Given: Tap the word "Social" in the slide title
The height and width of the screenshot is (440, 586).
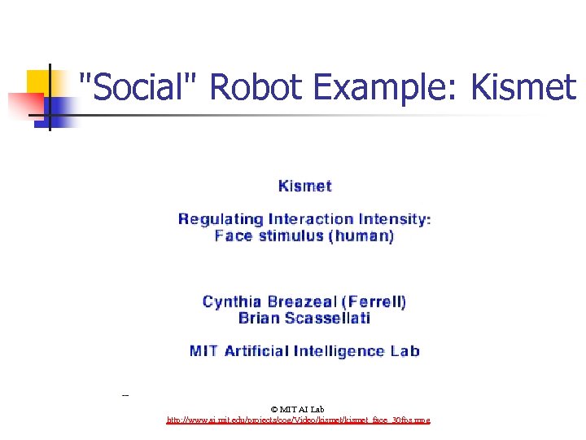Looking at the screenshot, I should pyautogui.click(x=138, y=87).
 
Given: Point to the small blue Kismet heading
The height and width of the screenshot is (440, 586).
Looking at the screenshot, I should pyautogui.click(x=304, y=186).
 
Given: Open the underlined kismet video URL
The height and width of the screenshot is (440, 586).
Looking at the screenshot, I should pyautogui.click(x=298, y=420).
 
